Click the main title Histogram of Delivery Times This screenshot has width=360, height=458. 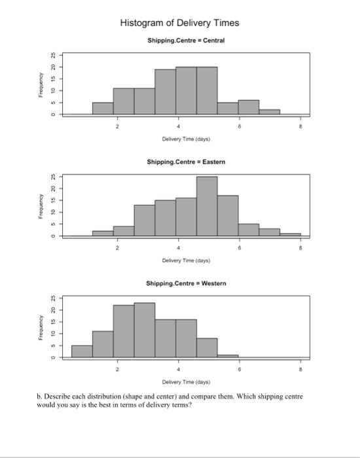179,23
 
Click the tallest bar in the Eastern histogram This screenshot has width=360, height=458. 207,206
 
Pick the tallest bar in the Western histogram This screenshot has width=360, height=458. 144,330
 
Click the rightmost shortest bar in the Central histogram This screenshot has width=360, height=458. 269,112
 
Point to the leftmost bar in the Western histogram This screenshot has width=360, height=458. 81,351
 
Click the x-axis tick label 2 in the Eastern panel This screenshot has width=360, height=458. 118,247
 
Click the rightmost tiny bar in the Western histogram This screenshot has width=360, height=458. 228,356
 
